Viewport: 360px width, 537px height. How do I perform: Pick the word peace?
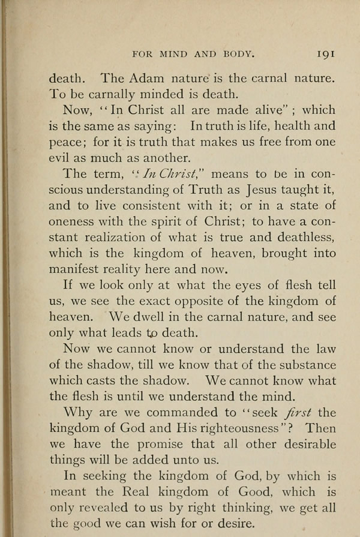[65, 143]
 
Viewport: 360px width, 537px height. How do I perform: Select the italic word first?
[298, 413]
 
